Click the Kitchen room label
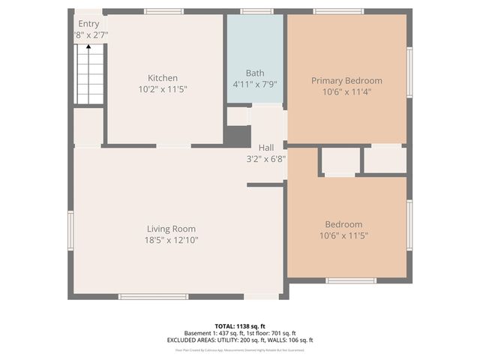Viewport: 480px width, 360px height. [x=163, y=78]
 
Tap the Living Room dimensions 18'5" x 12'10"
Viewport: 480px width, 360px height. [x=172, y=240]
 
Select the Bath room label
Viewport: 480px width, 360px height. [x=255, y=73]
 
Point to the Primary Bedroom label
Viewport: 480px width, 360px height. [x=346, y=81]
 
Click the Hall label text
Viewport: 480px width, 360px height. [x=265, y=148]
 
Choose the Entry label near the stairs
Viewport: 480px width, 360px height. [x=88, y=24]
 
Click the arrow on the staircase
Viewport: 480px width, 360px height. [x=88, y=49]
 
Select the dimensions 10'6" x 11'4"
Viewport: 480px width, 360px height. [x=346, y=92]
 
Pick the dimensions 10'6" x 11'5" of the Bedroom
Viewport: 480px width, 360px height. [x=343, y=235]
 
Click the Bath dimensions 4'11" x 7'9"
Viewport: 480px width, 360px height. [x=255, y=84]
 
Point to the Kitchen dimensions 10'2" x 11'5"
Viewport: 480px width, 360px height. [x=163, y=89]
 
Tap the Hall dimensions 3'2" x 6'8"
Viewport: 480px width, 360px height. [x=266, y=159]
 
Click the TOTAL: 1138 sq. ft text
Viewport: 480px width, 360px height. [x=239, y=326]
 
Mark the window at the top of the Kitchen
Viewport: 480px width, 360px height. [x=164, y=11]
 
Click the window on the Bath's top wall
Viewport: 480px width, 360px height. [x=256, y=11]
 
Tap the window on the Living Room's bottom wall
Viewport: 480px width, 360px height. [x=153, y=297]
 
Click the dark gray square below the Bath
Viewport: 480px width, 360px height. [x=238, y=136]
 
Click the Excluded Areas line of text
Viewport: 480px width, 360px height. [x=239, y=340]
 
